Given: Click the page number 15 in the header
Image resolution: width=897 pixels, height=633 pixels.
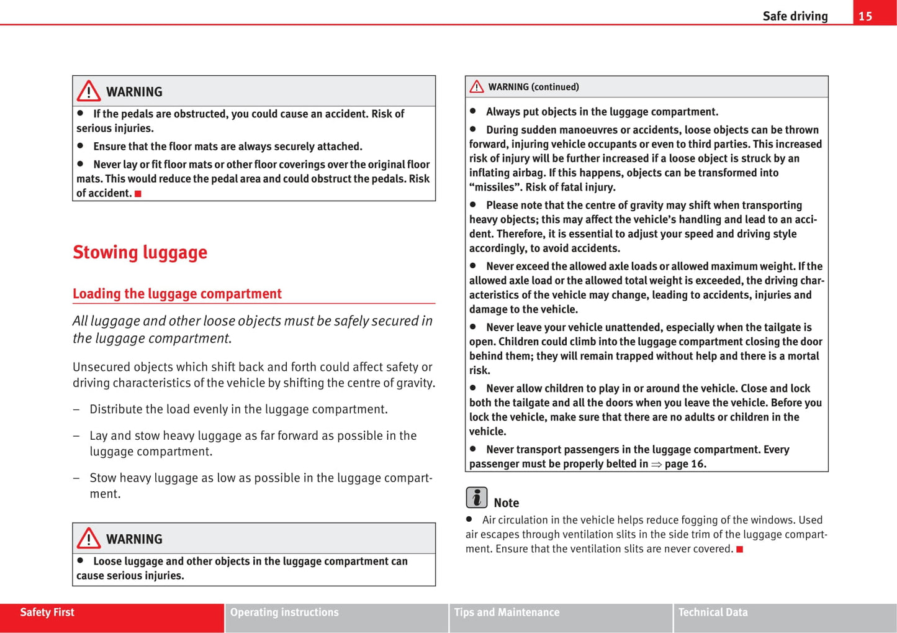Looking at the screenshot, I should coord(865,16).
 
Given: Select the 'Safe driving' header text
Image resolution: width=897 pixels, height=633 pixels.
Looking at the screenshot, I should coord(795,16).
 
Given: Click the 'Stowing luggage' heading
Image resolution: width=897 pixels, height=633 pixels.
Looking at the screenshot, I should coord(140,252).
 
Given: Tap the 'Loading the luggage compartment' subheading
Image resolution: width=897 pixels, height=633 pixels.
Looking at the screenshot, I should coord(177,293).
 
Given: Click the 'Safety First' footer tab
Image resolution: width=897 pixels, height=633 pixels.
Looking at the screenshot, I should coord(47,613).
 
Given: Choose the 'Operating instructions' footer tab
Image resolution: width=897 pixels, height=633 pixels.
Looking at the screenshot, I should coord(284,613).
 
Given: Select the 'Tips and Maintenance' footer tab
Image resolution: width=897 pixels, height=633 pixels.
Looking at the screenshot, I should coord(507,613).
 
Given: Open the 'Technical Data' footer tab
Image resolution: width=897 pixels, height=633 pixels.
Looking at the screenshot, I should coord(713,613).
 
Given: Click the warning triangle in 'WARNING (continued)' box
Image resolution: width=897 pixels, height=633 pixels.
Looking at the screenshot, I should coord(477,87).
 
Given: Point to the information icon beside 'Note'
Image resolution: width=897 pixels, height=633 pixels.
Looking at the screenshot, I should coord(477,498).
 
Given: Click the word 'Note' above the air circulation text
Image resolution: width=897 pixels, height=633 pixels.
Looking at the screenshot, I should coord(506,503).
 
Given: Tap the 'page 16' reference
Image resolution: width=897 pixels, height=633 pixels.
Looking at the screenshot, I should coord(685,464).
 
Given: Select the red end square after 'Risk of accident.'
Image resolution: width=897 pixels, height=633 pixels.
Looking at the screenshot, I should coord(138,194).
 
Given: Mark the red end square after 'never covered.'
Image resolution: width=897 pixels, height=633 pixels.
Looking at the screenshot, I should coord(739,549).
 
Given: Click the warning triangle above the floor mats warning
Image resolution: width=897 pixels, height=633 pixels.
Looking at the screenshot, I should coord(89,91).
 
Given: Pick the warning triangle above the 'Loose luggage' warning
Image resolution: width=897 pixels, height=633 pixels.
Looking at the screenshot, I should coord(89,539).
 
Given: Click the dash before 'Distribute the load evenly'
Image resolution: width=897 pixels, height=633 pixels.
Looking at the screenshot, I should coord(76,409).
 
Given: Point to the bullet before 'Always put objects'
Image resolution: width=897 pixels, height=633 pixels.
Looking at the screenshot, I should coord(473,111).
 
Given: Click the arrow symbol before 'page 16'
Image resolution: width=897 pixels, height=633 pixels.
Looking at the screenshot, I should coord(656,464).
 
